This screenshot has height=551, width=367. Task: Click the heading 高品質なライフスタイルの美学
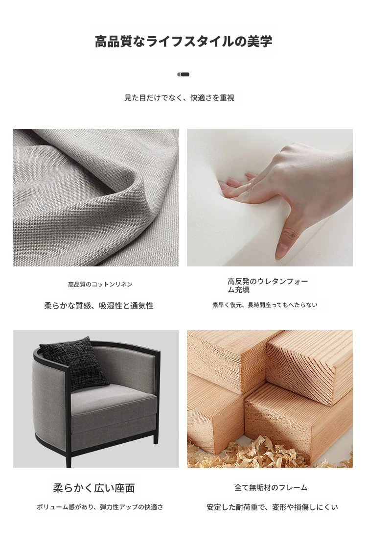point(183,41)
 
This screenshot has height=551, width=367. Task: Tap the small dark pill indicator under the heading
point(183,74)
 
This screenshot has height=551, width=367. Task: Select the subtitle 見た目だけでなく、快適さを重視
point(180,97)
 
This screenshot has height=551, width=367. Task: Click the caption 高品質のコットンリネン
point(100,284)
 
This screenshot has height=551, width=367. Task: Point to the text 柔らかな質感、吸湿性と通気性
point(99,306)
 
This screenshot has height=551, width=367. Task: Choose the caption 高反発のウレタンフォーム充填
point(268,286)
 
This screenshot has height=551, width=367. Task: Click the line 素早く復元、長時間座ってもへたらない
point(265,305)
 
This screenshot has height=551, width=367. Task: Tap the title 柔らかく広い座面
point(94,488)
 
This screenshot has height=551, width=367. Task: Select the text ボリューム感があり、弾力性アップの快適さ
point(100,507)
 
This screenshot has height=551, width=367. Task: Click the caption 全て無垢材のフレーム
point(271,487)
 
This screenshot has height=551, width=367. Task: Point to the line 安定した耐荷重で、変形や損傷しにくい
point(272,507)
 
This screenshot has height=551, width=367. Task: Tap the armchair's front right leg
point(156,437)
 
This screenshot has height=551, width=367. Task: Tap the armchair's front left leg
point(69,455)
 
